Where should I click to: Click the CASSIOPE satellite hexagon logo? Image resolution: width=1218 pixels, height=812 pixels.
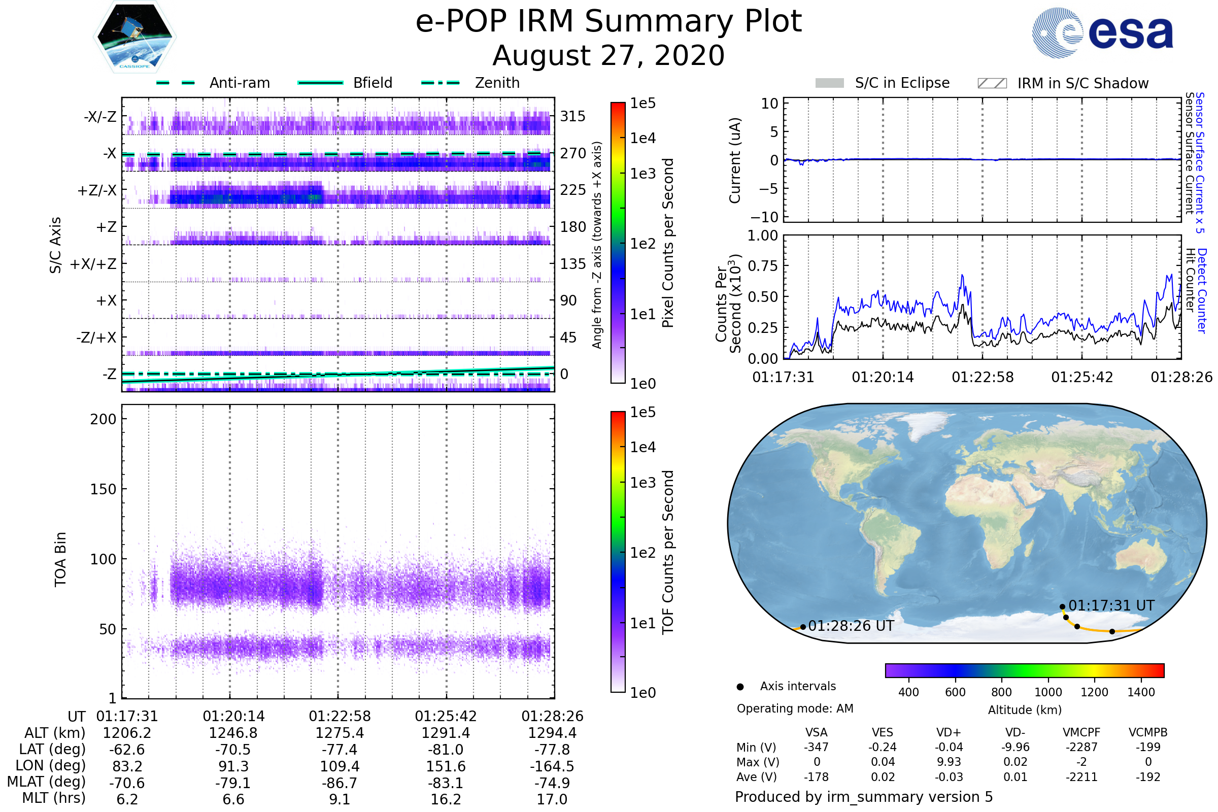point(134,37)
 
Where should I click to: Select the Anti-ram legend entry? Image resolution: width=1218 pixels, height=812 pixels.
point(213,83)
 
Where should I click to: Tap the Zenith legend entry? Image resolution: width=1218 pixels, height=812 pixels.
point(470,83)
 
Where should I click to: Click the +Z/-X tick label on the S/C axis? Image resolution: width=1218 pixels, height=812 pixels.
point(97,191)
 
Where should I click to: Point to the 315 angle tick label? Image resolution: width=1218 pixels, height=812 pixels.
point(573,116)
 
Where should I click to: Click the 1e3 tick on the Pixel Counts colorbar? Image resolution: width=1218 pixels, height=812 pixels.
point(642,174)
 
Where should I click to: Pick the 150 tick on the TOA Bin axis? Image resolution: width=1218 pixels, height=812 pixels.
point(103,489)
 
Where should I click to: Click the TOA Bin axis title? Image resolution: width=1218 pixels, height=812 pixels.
point(60,559)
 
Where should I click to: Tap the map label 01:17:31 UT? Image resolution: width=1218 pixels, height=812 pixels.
point(1111,605)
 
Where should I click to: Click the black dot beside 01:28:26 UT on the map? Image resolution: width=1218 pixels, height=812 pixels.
point(803,627)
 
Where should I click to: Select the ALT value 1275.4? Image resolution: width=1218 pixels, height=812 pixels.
point(340,733)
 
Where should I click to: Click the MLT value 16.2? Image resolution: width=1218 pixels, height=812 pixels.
point(446,799)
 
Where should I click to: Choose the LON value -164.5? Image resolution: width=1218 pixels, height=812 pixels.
point(552,766)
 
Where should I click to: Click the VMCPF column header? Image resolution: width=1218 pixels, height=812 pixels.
point(1081,732)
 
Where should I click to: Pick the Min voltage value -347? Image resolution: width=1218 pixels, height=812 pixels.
point(816,747)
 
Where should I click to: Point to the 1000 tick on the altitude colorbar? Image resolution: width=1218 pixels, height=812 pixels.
point(1048,692)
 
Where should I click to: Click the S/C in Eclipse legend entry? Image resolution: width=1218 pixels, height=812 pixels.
point(883,83)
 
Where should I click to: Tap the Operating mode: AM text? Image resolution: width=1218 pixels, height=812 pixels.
point(795,708)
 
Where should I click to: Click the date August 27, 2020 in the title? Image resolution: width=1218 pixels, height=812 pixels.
point(608,55)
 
